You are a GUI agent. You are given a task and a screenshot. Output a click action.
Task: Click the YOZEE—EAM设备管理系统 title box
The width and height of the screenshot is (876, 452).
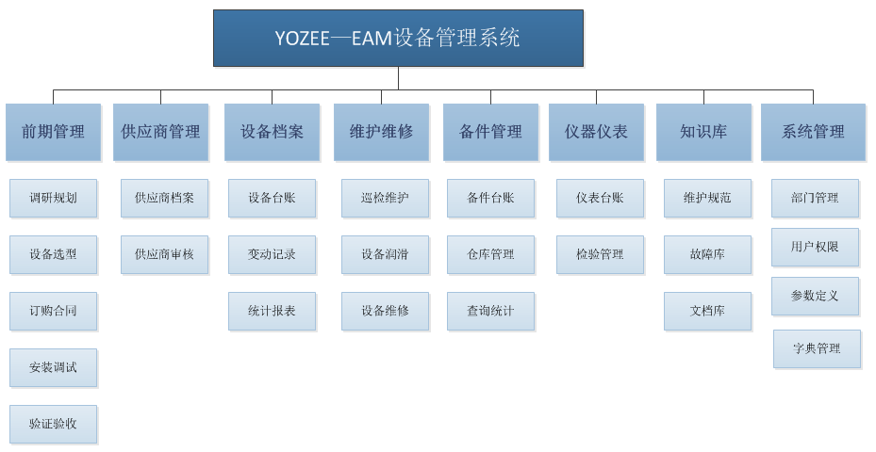[x=398, y=38]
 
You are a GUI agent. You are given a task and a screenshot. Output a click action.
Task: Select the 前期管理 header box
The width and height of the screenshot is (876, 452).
[x=53, y=132]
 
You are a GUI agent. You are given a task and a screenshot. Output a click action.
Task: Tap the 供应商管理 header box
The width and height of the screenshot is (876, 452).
[x=160, y=132]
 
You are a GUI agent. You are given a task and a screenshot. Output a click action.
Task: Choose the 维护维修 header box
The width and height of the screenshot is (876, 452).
[x=381, y=132]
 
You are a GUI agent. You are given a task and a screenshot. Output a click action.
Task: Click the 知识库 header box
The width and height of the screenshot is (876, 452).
[x=703, y=132]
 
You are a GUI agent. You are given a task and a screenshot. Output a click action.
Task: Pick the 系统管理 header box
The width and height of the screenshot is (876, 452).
[x=813, y=132]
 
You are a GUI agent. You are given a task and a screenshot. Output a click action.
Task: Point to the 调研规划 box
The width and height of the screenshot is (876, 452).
[x=53, y=198]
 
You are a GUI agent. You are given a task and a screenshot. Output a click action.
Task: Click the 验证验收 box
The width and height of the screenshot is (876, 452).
[x=53, y=424]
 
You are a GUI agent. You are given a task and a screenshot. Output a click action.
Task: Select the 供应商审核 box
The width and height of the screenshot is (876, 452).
[x=164, y=254]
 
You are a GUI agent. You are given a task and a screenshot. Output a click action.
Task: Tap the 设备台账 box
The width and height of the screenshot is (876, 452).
[x=272, y=198]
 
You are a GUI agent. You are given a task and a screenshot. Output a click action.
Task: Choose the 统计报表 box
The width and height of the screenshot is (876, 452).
[x=272, y=311]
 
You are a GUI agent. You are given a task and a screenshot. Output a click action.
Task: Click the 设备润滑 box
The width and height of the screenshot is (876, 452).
[x=385, y=254]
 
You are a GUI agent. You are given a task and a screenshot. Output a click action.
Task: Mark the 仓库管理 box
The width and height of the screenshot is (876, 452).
[x=490, y=254]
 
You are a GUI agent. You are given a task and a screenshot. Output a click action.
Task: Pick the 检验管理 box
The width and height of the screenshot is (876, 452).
[x=600, y=254]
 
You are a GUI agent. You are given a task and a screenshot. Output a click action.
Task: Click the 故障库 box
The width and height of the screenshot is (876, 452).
[x=707, y=254]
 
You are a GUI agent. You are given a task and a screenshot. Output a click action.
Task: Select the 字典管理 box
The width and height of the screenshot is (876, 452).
[x=817, y=348]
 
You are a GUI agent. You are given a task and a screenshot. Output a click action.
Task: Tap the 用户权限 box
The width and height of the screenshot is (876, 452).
[x=815, y=247]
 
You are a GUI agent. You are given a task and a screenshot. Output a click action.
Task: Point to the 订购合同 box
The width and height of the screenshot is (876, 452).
[x=53, y=311]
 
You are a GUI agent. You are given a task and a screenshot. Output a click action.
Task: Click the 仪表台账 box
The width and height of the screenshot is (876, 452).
[x=600, y=198]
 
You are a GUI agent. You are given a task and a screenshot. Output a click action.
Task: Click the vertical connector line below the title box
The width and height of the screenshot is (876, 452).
[x=398, y=78]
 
